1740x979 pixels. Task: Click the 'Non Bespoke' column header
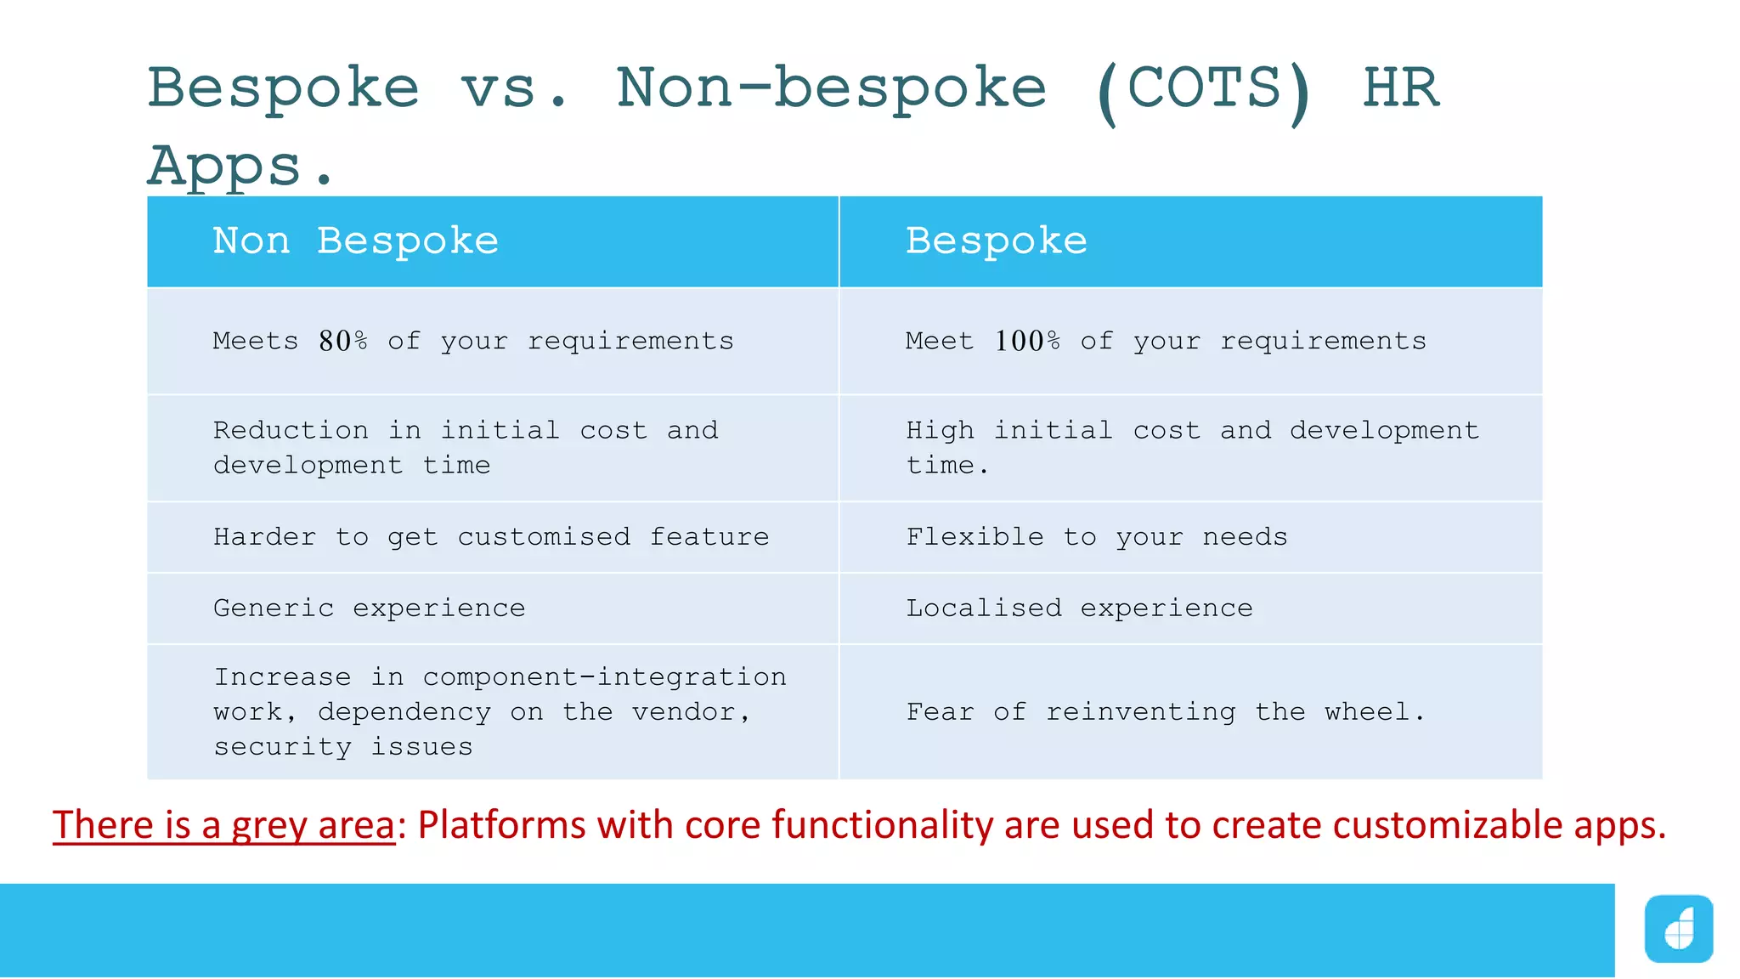pos(355,241)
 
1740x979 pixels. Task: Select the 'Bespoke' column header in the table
pos(996,241)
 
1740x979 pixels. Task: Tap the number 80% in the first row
pos(343,341)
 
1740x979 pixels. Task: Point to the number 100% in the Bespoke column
pos(1027,341)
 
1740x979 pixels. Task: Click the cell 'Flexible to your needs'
pos(1096,537)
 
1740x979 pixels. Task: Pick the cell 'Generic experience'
pos(369,608)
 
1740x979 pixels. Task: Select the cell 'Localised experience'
pos(1079,608)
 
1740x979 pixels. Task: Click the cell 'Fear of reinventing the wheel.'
pos(1165,712)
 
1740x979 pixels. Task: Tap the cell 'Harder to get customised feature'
pos(491,537)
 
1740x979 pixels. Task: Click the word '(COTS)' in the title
pos(1205,90)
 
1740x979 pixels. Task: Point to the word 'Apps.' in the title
pos(240,167)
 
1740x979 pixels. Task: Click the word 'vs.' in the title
pos(513,90)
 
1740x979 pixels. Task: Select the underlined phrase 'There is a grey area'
pos(223,825)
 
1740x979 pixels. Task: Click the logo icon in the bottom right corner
pos(1678,929)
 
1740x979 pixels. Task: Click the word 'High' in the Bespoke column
pos(940,431)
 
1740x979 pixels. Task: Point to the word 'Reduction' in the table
pos(291,431)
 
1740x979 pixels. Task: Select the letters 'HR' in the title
pos(1401,88)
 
